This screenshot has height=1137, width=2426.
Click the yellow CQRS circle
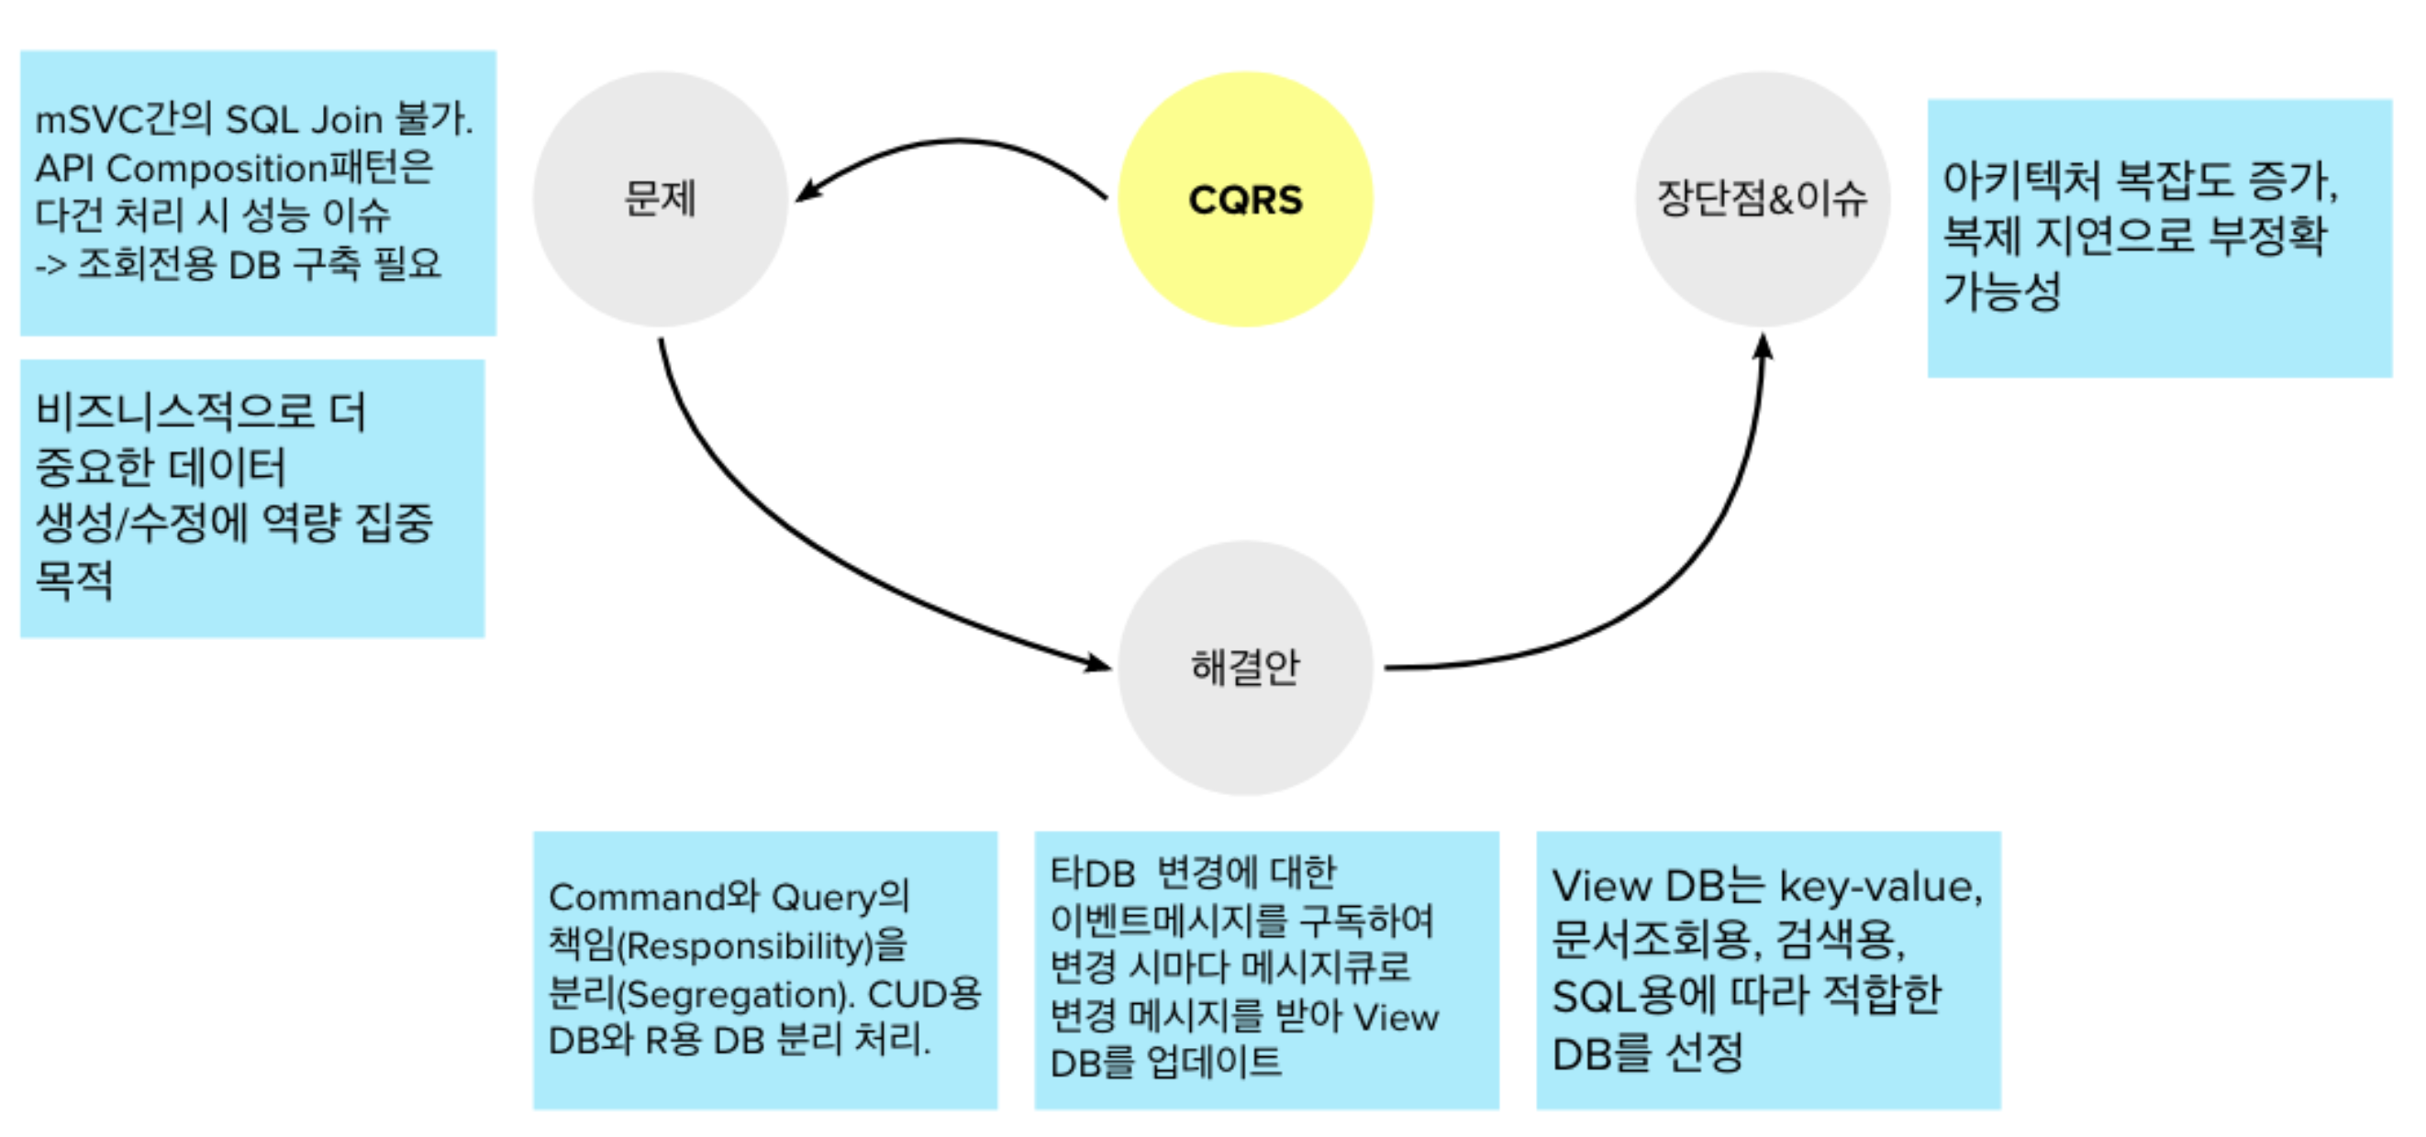tap(1245, 200)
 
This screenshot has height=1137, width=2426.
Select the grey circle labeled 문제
tap(661, 200)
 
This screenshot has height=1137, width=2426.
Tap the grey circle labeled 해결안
tap(1245, 668)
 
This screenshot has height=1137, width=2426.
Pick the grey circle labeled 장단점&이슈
tap(1762, 200)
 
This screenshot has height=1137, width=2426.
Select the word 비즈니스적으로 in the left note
tap(174, 412)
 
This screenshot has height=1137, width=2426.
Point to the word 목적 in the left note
tap(74, 579)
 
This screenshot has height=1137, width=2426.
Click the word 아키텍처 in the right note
tap(2021, 180)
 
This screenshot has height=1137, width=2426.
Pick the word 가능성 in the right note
tap(2002, 291)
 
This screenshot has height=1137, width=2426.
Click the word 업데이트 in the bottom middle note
tap(1214, 1063)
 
